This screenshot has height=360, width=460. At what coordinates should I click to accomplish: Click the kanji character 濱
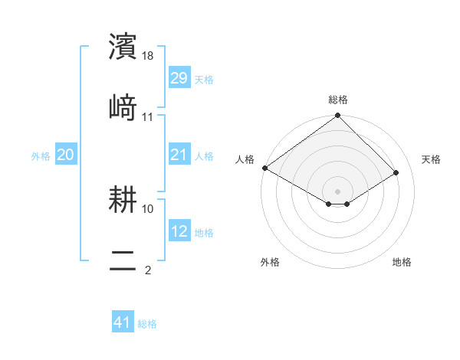point(124,47)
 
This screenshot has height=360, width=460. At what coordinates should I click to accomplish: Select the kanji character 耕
point(124,200)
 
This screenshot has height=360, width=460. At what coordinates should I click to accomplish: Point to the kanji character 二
point(124,259)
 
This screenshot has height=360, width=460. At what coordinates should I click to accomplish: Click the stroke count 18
point(148,56)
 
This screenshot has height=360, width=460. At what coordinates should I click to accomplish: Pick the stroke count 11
point(148,116)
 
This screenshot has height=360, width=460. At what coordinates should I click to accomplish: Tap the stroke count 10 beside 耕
point(148,208)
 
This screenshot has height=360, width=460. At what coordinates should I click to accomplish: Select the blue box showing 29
point(179,78)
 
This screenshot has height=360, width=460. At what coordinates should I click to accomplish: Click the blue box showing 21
point(179,155)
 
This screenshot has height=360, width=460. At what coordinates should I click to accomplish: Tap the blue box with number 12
point(179,231)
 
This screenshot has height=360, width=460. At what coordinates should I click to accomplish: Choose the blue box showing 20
point(66,155)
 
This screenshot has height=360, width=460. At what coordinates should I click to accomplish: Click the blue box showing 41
point(123,323)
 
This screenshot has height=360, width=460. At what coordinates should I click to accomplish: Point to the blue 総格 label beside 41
point(147,324)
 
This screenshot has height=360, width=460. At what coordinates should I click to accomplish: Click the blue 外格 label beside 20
point(41,155)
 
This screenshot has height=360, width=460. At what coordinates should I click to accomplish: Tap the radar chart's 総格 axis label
point(338,100)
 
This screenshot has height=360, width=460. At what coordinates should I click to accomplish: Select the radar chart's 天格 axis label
point(431,159)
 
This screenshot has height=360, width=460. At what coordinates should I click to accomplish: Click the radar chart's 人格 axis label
point(245,159)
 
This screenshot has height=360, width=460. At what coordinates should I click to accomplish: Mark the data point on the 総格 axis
point(338,116)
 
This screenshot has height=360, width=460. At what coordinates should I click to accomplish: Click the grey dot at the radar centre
point(338,191)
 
